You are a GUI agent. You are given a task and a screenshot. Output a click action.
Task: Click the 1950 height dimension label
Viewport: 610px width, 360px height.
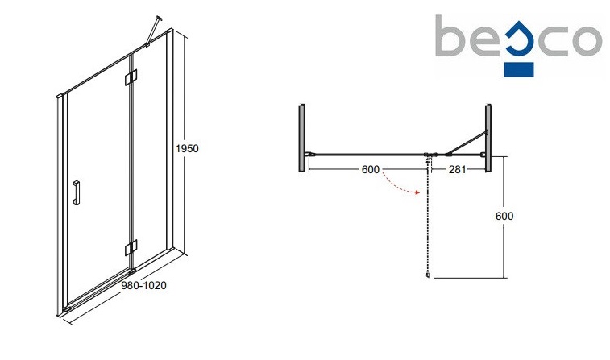pyautogui.click(x=187, y=148)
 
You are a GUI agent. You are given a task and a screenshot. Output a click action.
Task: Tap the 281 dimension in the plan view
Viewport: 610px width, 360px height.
pyautogui.click(x=456, y=169)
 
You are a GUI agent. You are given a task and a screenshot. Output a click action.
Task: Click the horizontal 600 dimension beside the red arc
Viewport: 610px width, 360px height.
pyautogui.click(x=370, y=169)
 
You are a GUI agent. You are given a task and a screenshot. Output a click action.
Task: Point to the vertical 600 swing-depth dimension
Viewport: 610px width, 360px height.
pyautogui.click(x=504, y=215)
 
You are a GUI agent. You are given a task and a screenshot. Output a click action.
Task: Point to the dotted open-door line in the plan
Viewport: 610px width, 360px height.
pyautogui.click(x=428, y=217)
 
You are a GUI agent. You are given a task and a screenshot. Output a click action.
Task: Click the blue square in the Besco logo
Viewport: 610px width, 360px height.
pyautogui.click(x=518, y=68)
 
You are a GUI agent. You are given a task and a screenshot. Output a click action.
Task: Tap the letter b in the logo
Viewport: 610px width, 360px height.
pyautogui.click(x=453, y=37)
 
